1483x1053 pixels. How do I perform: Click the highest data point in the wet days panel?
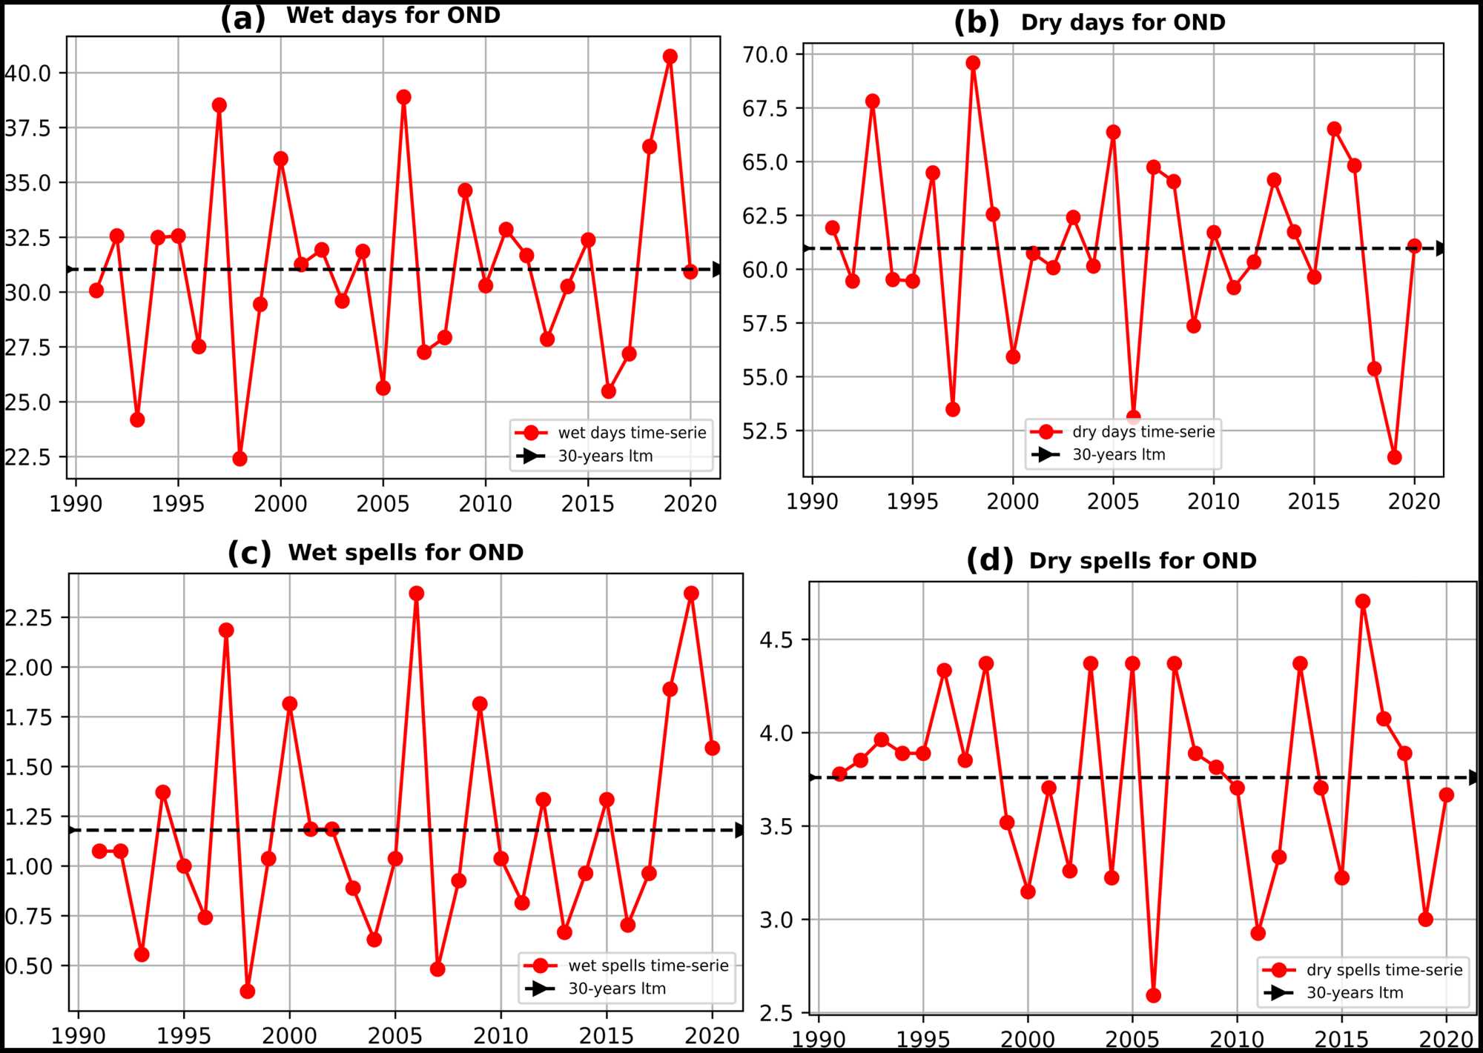(670, 56)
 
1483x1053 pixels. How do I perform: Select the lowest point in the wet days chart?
(240, 459)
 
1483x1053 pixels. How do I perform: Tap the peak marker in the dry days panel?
(973, 63)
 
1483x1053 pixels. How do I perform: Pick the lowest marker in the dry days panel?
(1394, 457)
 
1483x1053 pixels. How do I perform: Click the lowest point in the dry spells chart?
(1153, 995)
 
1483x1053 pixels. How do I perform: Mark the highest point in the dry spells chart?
(1362, 601)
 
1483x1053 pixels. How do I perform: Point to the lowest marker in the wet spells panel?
(248, 991)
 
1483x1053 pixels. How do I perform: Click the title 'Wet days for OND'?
(393, 16)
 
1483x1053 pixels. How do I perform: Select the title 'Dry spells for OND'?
(1142, 561)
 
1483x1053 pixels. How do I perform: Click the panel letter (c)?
(249, 554)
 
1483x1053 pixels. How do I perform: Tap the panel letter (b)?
(977, 23)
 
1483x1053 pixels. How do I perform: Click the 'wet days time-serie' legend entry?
(632, 433)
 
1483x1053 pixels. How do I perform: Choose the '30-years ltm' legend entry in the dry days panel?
(1118, 455)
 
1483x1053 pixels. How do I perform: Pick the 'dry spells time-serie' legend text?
(1384, 970)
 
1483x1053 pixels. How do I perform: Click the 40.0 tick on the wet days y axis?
(28, 73)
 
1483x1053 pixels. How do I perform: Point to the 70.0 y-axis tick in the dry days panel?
(764, 54)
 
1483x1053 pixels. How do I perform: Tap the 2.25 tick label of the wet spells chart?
(28, 617)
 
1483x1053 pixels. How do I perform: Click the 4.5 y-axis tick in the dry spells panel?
(776, 640)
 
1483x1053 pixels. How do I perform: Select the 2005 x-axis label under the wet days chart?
(383, 505)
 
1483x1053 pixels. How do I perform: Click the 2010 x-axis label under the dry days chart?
(1213, 502)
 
